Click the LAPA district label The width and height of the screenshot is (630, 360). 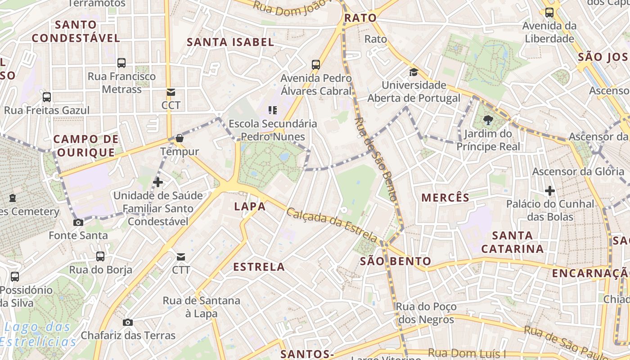click(x=250, y=207)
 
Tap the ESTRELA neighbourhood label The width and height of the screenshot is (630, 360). click(x=259, y=267)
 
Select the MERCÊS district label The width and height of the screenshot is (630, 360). click(x=445, y=197)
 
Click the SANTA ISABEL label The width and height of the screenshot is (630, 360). click(x=230, y=42)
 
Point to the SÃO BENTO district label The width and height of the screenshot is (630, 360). click(x=396, y=261)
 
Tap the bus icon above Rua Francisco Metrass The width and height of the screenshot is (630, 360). click(x=121, y=63)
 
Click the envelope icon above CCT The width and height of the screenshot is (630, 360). click(x=171, y=92)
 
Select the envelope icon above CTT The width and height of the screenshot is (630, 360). click(x=181, y=257)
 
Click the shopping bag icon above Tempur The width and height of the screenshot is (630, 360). click(x=180, y=138)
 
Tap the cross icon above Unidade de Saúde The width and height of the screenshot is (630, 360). click(x=158, y=182)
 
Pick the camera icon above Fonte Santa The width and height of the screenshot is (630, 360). click(x=78, y=222)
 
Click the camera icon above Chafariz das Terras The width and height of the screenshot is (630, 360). click(x=128, y=322)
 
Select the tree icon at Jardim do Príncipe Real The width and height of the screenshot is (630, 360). click(x=488, y=120)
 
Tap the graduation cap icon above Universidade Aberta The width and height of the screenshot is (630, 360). click(x=414, y=72)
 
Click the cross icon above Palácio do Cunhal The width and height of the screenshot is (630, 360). click(x=549, y=191)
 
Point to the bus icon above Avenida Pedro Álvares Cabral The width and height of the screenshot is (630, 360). click(x=316, y=65)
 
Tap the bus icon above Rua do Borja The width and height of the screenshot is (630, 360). click(x=100, y=256)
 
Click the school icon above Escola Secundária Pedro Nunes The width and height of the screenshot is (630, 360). click(x=272, y=110)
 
